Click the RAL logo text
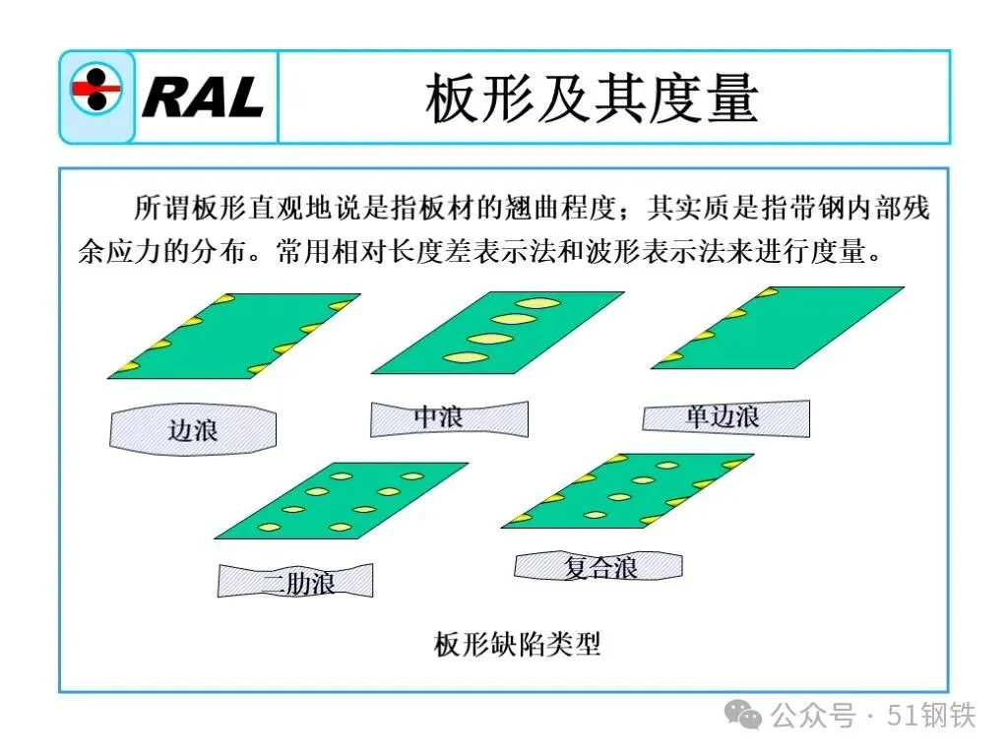pyautogui.click(x=204, y=96)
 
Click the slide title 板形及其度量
pyautogui.click(x=592, y=98)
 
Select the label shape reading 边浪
pyautogui.click(x=193, y=429)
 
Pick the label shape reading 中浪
pyautogui.click(x=449, y=418)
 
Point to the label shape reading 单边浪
pyautogui.click(x=725, y=417)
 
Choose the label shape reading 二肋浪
pyautogui.click(x=295, y=581)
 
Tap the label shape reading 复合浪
pyautogui.click(x=598, y=566)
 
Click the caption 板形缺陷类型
pyautogui.click(x=517, y=645)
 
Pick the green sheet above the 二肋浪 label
pyautogui.click(x=340, y=500)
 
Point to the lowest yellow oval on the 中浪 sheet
pyautogui.click(x=462, y=356)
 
